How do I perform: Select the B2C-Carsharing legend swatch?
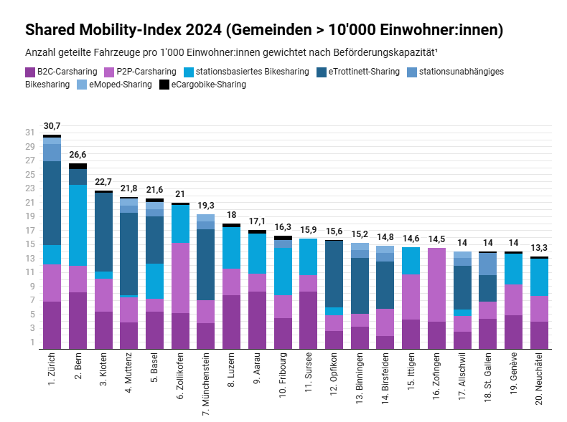30,72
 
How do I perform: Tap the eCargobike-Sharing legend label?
208,85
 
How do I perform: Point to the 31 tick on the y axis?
29,133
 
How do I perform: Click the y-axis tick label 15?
29,244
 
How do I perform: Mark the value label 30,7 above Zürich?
52,126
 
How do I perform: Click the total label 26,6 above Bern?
78,155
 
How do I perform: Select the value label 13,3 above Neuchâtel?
540,248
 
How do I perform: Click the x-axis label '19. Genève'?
514,375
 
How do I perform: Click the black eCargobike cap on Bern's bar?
78,166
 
